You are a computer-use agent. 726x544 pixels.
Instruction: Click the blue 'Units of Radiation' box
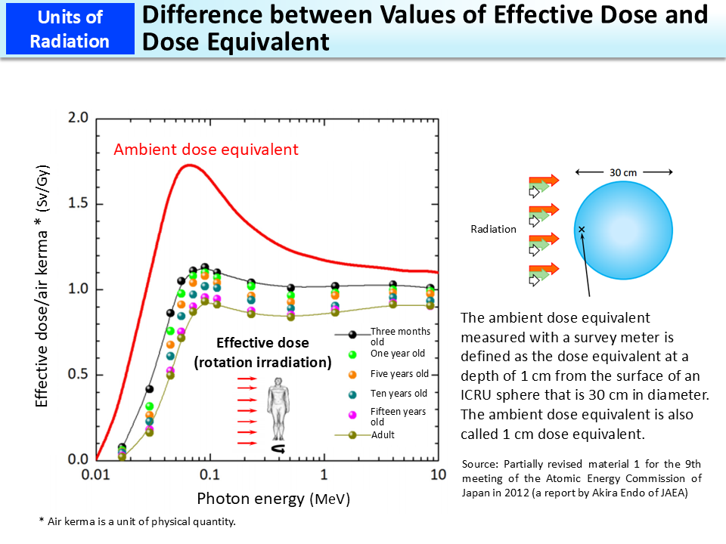tap(70, 29)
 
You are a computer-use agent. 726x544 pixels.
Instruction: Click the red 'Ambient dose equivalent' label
tap(206, 150)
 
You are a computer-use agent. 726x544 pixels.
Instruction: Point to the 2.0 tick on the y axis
tap(79, 118)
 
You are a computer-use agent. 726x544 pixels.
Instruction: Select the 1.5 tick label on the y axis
tap(79, 204)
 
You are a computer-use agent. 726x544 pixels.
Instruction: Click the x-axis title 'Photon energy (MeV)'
tap(273, 499)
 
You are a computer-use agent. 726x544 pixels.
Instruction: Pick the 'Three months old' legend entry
tap(399, 336)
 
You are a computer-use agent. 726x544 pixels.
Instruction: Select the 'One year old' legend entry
tap(397, 354)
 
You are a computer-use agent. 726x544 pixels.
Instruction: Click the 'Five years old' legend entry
tap(399, 374)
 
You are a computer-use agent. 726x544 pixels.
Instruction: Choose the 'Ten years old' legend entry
tap(399, 393)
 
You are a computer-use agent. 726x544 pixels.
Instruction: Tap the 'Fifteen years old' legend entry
tap(398, 416)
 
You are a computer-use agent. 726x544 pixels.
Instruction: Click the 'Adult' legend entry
tap(382, 435)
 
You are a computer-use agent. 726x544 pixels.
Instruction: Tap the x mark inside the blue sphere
tap(582, 229)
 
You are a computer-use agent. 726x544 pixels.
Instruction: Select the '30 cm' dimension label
tap(623, 172)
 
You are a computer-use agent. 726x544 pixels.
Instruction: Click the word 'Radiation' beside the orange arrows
tap(493, 229)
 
